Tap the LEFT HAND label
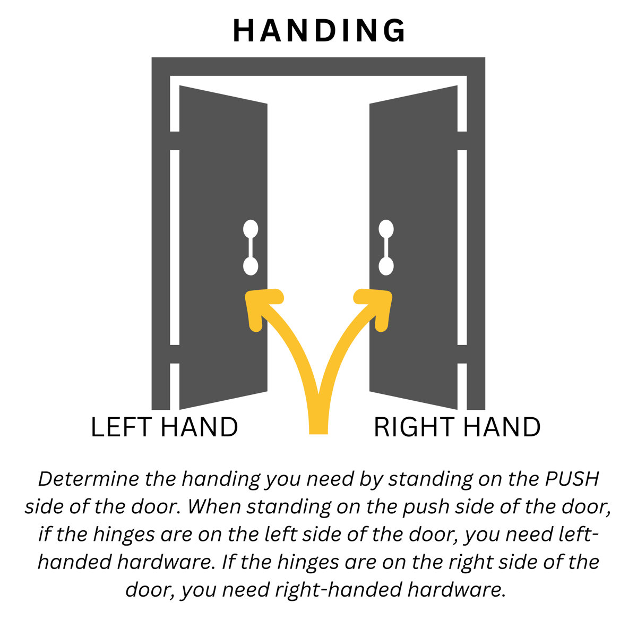tap(164, 428)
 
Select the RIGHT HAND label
tap(457, 428)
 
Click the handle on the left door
tap(251, 248)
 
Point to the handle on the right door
tap(386, 248)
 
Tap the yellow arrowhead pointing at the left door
tap(259, 305)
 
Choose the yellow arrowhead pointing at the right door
tap(377, 305)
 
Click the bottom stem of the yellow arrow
tap(318, 419)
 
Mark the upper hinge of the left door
tap(175, 141)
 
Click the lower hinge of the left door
tap(175, 354)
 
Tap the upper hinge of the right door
tap(462, 141)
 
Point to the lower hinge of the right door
tap(462, 354)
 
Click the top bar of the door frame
tap(318, 66)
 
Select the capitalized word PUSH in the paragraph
tap(572, 479)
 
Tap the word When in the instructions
tap(213, 507)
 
